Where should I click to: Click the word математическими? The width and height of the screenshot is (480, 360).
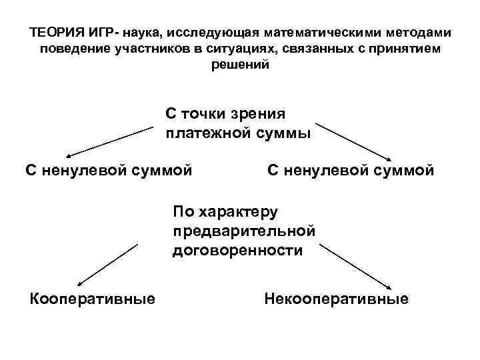pos(320,33)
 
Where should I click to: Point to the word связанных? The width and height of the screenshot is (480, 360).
pos(305,50)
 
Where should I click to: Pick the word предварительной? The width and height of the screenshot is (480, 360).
pos(243,231)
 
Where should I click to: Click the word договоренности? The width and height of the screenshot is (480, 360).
pos(237,251)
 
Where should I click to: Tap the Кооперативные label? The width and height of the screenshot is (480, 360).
pos(93,298)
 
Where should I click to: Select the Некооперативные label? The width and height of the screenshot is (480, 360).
pos(336,298)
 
